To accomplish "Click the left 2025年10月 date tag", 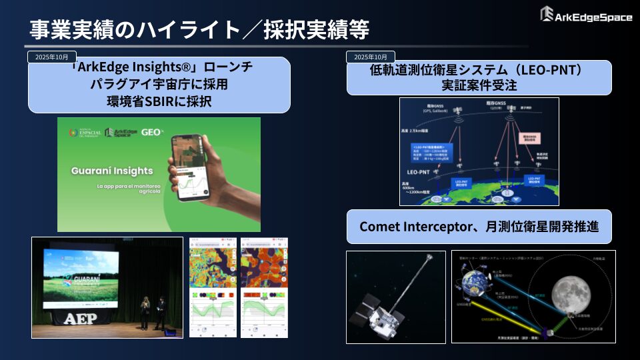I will pos(52,57).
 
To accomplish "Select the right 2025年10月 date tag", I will pos(371,57).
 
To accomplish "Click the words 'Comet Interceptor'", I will pos(409,227).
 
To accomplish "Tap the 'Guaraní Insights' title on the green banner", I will pos(113,171).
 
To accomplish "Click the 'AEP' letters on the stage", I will pos(80,319).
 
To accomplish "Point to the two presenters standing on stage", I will pos(151,313).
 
